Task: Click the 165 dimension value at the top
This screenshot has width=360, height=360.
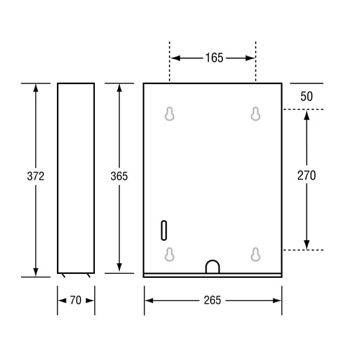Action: [214, 58]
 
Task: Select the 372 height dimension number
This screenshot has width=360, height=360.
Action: [36, 176]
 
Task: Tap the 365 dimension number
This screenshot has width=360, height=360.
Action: [119, 176]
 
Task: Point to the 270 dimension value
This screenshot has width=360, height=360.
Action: [306, 175]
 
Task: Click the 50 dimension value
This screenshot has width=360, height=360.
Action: [306, 96]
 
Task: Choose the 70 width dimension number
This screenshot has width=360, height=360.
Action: [75, 300]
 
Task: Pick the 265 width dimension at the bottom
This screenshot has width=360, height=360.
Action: [212, 300]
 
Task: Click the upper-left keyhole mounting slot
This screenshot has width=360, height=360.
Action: [170, 114]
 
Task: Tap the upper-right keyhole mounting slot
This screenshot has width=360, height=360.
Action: [256, 114]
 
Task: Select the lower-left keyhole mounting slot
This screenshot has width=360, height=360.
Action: [170, 254]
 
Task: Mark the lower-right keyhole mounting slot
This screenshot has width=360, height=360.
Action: [256, 254]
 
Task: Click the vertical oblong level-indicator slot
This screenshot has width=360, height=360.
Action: [163, 230]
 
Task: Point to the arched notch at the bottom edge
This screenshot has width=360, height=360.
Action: [213, 266]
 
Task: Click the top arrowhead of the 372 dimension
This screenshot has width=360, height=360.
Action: [36, 89]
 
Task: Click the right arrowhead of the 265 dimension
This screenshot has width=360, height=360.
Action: [277, 300]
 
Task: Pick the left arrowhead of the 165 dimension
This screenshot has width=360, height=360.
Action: [174, 58]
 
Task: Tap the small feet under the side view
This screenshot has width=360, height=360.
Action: [75, 275]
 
